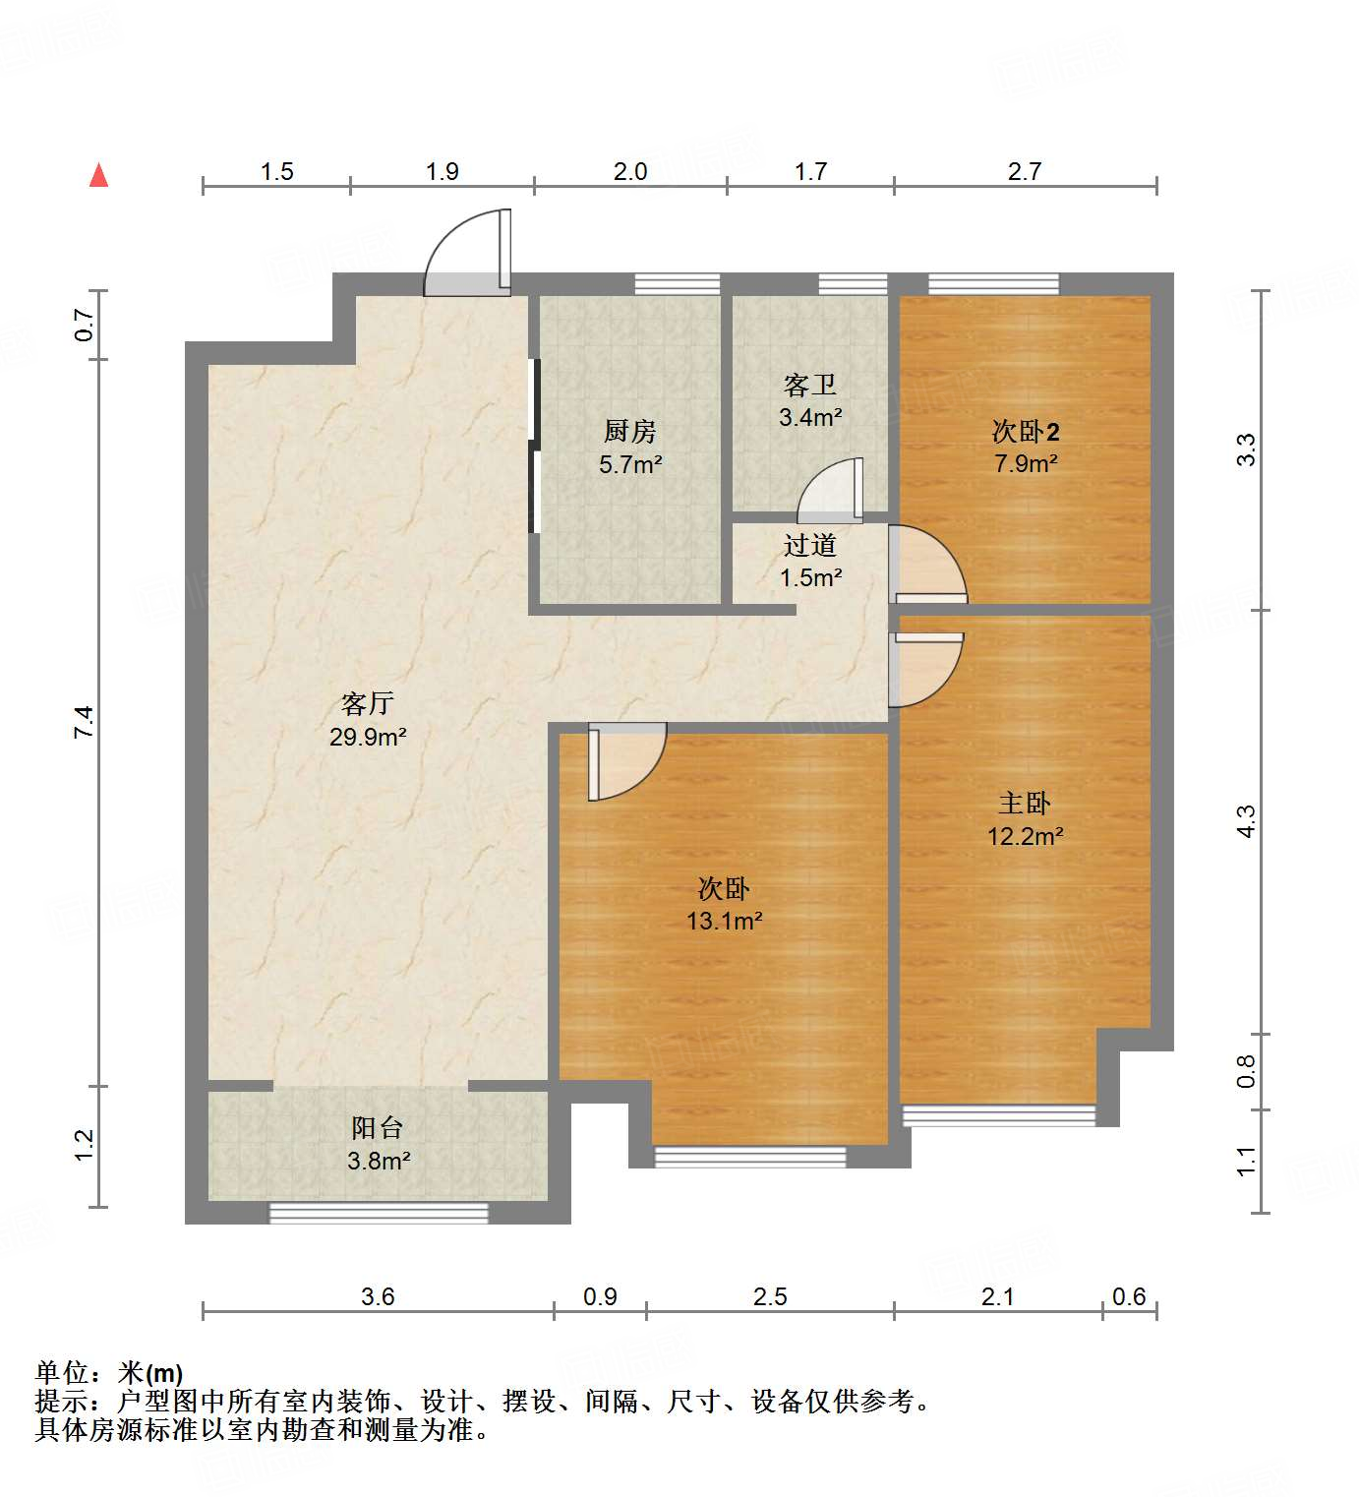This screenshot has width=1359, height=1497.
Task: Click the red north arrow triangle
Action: (x=98, y=175)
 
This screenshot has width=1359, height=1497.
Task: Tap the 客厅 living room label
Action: (x=368, y=703)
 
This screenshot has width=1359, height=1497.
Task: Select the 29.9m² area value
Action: (x=368, y=737)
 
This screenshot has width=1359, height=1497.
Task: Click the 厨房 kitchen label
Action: (x=630, y=431)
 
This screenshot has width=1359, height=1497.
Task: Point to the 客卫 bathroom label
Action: (x=810, y=385)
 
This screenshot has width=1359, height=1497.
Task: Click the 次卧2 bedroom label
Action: (x=1025, y=431)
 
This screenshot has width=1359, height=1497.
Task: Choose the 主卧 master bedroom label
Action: (x=1025, y=804)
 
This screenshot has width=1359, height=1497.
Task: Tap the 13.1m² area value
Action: (x=725, y=922)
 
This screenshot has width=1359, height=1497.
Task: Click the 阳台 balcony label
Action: (x=378, y=1128)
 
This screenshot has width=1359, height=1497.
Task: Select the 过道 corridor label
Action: (x=810, y=545)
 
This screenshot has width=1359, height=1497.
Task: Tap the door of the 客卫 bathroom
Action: (x=831, y=492)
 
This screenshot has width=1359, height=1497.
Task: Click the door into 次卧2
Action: (x=926, y=567)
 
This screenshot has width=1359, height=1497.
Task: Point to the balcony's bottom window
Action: (x=379, y=1213)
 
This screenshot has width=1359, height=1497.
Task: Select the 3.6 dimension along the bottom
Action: (x=378, y=1296)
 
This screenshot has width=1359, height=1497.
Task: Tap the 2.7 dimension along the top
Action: (x=1025, y=172)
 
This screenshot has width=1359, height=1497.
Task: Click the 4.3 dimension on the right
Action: (x=1246, y=821)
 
